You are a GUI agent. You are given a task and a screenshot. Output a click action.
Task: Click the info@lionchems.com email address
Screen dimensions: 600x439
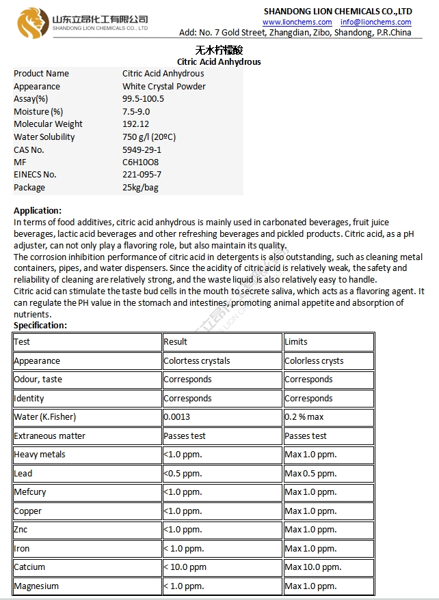pyautogui.click(x=376, y=23)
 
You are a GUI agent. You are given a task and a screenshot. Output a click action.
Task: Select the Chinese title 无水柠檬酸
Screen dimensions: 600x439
pyautogui.click(x=219, y=51)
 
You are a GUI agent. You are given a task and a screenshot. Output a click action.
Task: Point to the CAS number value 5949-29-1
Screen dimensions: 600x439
pyautogui.click(x=142, y=149)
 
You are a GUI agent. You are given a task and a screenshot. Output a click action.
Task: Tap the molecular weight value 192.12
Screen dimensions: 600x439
pyautogui.click(x=135, y=124)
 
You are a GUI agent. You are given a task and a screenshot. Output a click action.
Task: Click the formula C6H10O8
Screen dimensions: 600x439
pyautogui.click(x=140, y=162)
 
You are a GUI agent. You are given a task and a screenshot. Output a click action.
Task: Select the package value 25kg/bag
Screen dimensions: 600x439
pyautogui.click(x=140, y=188)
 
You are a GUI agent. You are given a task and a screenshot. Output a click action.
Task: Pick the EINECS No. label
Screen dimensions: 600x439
pyautogui.click(x=35, y=175)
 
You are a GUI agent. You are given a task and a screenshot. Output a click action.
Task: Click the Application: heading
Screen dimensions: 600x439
pyautogui.click(x=38, y=211)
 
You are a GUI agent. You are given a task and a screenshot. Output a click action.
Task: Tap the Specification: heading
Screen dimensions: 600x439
pyautogui.click(x=40, y=326)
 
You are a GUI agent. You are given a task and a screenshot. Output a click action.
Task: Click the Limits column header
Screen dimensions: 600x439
pyautogui.click(x=296, y=342)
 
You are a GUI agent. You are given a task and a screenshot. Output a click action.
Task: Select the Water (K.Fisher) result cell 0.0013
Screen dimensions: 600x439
pyautogui.click(x=177, y=417)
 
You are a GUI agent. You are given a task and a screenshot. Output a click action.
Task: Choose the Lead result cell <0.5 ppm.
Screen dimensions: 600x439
pyautogui.click(x=183, y=473)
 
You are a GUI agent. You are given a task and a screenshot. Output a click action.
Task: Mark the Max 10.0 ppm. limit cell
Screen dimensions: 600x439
pyautogui.click(x=312, y=567)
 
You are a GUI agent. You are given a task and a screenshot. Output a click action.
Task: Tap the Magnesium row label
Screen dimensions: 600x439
pyautogui.click(x=36, y=586)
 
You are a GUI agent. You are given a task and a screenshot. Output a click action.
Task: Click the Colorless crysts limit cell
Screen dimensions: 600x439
pyautogui.click(x=314, y=361)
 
